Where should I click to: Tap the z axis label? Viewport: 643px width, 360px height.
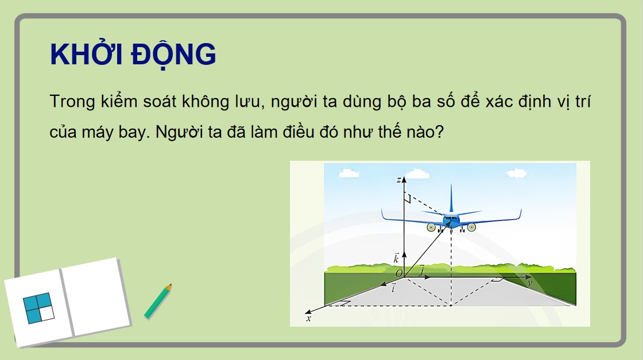[x=398, y=180]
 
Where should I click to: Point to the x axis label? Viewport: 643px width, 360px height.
[x=308, y=318]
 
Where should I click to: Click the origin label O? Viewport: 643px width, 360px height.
[x=398, y=273]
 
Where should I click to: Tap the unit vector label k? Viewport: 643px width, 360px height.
[x=396, y=259]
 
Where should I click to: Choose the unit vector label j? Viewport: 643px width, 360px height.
[x=422, y=270]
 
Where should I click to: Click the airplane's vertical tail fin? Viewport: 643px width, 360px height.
[x=451, y=198]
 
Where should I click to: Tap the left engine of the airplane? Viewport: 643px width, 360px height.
[x=431, y=227]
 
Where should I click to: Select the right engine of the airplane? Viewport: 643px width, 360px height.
[x=471, y=227]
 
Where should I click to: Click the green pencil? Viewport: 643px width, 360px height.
[x=158, y=301]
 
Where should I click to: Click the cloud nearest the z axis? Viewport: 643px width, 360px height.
[x=348, y=172]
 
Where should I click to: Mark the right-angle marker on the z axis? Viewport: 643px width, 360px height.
[x=408, y=199]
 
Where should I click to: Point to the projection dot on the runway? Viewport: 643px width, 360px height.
[x=451, y=305]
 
